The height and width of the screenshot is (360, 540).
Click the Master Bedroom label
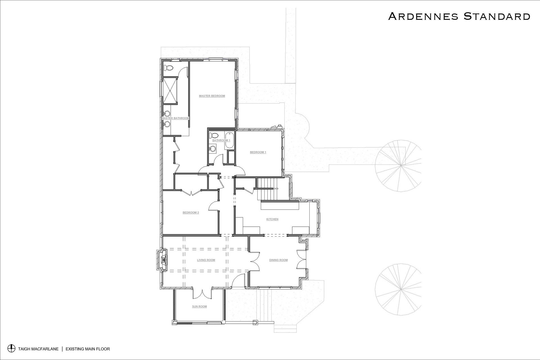212,96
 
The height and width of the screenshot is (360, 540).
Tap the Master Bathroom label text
175,118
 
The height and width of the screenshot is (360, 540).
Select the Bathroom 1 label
221,140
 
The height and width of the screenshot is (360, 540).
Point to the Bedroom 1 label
258,152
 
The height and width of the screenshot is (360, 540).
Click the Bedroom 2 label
191,213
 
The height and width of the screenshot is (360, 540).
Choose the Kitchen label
272,219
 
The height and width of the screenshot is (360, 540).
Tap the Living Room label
206,260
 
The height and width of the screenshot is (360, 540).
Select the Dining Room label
278,260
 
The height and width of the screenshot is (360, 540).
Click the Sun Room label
199,307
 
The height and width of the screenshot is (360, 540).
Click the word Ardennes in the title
423,16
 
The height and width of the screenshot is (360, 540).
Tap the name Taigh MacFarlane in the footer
38,349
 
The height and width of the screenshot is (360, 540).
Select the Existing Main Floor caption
88,349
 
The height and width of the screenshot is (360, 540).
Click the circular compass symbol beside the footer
11,348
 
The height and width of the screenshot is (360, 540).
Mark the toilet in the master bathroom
168,68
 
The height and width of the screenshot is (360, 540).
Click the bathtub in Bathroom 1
229,141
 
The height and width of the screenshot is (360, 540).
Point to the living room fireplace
163,260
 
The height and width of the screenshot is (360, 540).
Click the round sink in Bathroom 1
213,148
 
